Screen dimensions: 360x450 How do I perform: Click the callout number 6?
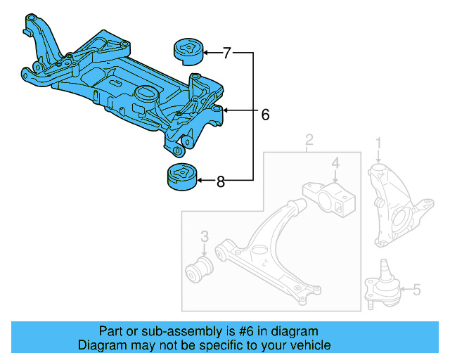pos(265,115)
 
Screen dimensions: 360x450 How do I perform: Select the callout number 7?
pos(227,53)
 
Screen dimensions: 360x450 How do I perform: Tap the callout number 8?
pos(221,182)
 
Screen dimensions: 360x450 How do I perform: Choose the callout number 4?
pos(335,165)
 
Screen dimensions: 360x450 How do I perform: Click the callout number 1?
pos(378,143)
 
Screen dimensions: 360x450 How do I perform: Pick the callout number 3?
pos(204,235)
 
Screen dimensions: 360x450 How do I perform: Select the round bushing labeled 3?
pos(201,268)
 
